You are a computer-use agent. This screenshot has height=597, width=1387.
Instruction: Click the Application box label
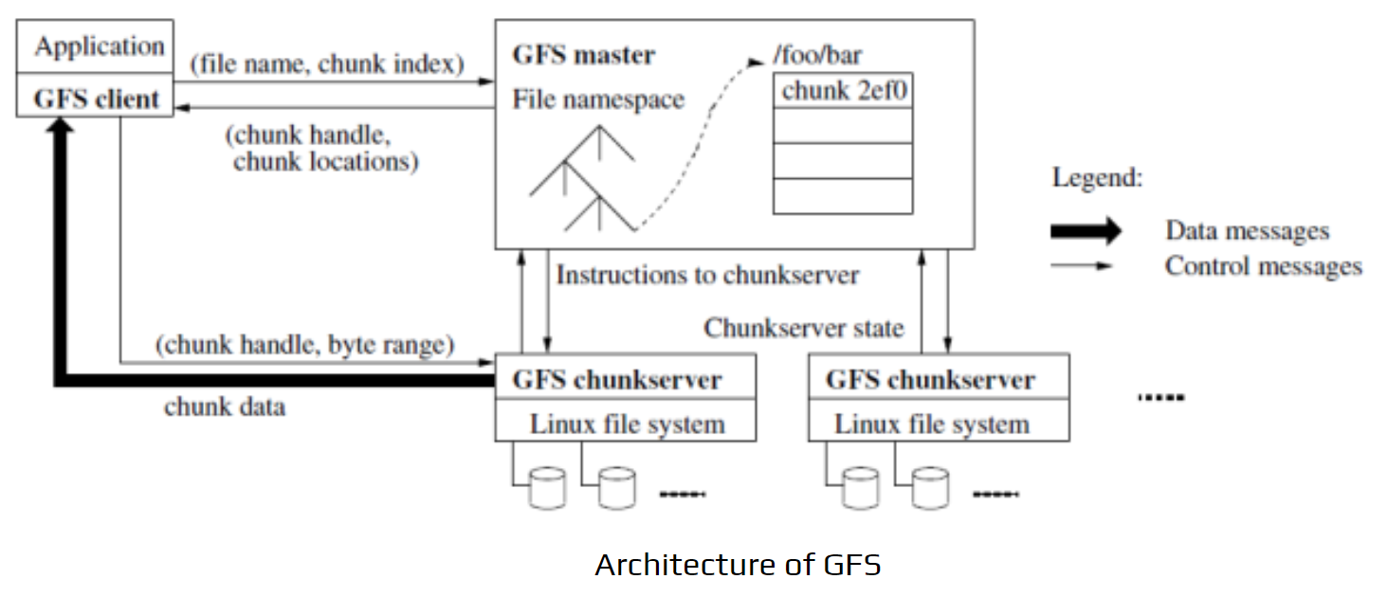[x=100, y=46]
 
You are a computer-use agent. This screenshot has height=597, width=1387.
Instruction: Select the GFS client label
[x=97, y=99]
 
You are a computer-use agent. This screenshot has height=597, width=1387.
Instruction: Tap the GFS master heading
[x=583, y=55]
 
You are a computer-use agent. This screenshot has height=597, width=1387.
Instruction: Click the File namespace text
[x=598, y=99]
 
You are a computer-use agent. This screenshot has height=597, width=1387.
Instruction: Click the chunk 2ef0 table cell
[x=843, y=92]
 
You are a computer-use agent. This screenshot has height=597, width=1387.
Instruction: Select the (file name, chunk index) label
[x=327, y=64]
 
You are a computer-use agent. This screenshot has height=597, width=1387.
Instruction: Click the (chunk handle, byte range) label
[x=304, y=345]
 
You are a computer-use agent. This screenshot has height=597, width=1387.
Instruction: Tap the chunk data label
[x=224, y=407]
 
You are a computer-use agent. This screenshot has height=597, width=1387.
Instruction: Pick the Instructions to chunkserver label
[x=707, y=275]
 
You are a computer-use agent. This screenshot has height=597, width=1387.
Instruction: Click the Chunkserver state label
[x=803, y=328]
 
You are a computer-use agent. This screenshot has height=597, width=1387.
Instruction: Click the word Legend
[x=1097, y=178]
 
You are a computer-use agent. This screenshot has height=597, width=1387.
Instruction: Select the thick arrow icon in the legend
[x=1086, y=230]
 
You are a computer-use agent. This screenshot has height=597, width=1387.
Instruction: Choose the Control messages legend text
[x=1263, y=266]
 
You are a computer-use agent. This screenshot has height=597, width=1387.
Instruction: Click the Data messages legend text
[x=1247, y=230]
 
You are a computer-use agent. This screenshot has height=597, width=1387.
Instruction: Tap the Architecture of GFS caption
[x=738, y=565]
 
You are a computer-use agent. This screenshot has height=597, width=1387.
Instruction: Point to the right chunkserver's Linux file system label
[x=931, y=424]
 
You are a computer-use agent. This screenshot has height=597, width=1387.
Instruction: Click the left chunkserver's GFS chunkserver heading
[x=616, y=380]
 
